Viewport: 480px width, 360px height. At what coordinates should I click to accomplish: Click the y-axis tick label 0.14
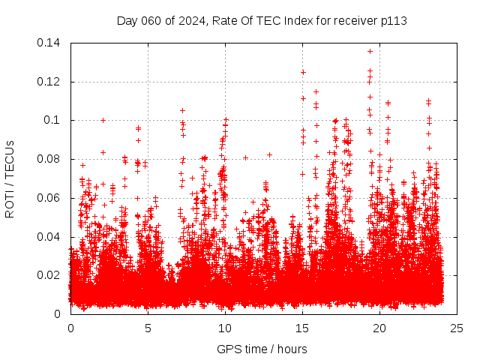pyautogui.click(x=49, y=43)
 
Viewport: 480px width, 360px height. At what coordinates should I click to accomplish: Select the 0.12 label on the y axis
pyautogui.click(x=49, y=82)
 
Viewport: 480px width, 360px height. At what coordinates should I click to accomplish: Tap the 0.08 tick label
pyautogui.click(x=49, y=159)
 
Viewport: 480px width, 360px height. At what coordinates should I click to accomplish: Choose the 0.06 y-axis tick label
pyautogui.click(x=49, y=198)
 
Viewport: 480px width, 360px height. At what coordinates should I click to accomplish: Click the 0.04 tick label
pyautogui.click(x=49, y=237)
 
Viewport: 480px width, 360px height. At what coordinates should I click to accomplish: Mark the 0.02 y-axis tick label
pyautogui.click(x=49, y=275)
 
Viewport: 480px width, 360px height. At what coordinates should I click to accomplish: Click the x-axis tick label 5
pyautogui.click(x=148, y=328)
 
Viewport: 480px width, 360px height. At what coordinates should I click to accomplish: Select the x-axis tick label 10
pyautogui.click(x=225, y=328)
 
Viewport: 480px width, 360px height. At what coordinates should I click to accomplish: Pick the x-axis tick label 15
pyautogui.click(x=302, y=328)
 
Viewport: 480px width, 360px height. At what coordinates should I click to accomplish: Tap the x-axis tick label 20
pyautogui.click(x=379, y=328)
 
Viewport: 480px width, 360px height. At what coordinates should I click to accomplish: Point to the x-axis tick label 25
pyautogui.click(x=457, y=328)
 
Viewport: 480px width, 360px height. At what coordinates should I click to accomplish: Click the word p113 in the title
pyautogui.click(x=393, y=21)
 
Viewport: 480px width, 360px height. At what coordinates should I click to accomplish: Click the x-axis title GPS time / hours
pyautogui.click(x=262, y=349)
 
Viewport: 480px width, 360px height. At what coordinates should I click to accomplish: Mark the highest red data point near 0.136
pyautogui.click(x=370, y=51)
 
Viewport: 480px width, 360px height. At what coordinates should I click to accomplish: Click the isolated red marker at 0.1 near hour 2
pyautogui.click(x=103, y=120)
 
